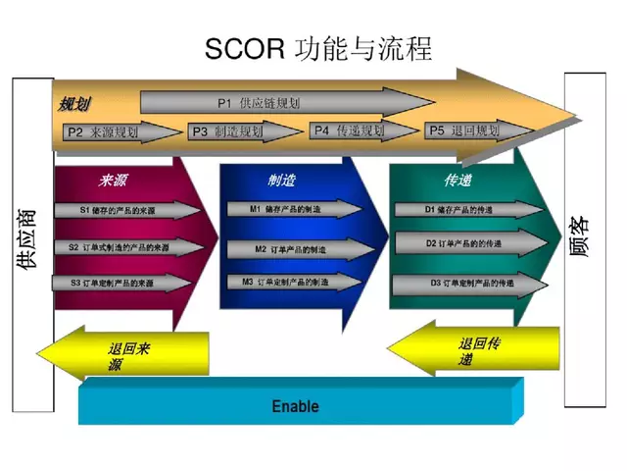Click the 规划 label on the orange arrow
pos(74,103)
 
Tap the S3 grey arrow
pos(121,283)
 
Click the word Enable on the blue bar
pos(295,405)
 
